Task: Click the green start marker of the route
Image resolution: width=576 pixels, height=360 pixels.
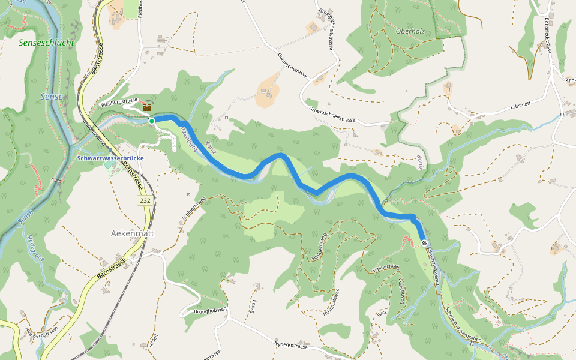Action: click(x=152, y=121)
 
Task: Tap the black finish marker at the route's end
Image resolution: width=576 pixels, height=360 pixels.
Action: click(x=424, y=243)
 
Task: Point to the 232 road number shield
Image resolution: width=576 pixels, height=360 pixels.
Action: click(x=144, y=200)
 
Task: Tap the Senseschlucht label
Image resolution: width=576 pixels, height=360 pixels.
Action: click(x=46, y=43)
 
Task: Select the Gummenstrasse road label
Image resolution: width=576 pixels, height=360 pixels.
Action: click(x=293, y=65)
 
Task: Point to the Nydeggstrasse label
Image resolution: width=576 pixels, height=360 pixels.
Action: click(x=290, y=346)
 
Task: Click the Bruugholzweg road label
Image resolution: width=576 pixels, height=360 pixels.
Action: click(x=210, y=310)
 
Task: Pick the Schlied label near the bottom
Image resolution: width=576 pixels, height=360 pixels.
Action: click(x=155, y=341)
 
